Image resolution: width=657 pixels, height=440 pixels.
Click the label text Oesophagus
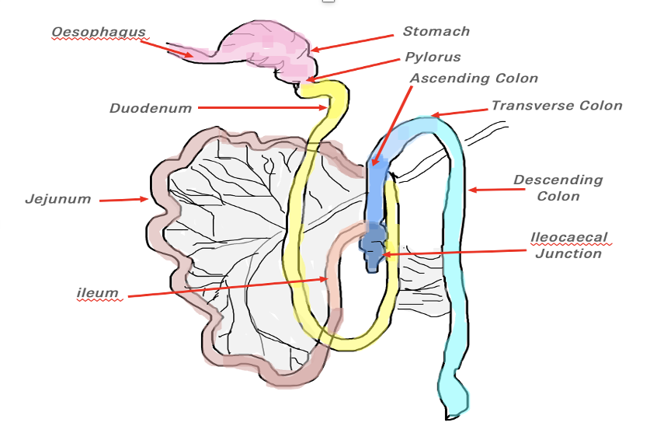pyautogui.click(x=99, y=33)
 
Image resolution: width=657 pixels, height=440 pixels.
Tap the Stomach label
pyautogui.click(x=436, y=32)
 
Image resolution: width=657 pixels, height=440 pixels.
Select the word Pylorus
pyautogui.click(x=433, y=57)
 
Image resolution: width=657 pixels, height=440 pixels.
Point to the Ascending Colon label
pyautogui.click(x=474, y=79)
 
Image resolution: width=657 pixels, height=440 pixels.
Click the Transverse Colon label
pyautogui.click(x=557, y=106)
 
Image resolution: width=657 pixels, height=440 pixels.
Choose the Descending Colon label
pyautogui.click(x=558, y=187)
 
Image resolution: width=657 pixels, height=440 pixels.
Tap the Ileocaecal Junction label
pyautogui.click(x=568, y=245)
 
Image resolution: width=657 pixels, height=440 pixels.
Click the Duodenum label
pyautogui.click(x=150, y=109)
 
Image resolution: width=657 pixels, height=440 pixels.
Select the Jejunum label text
pyautogui.click(x=58, y=199)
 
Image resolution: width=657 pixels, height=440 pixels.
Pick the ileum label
pyautogui.click(x=97, y=293)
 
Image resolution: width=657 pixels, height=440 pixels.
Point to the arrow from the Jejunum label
pyautogui.click(x=123, y=200)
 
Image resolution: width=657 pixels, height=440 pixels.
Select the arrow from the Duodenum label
pyautogui.click(x=264, y=108)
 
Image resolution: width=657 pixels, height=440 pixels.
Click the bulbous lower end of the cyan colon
pyautogui.click(x=454, y=393)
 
